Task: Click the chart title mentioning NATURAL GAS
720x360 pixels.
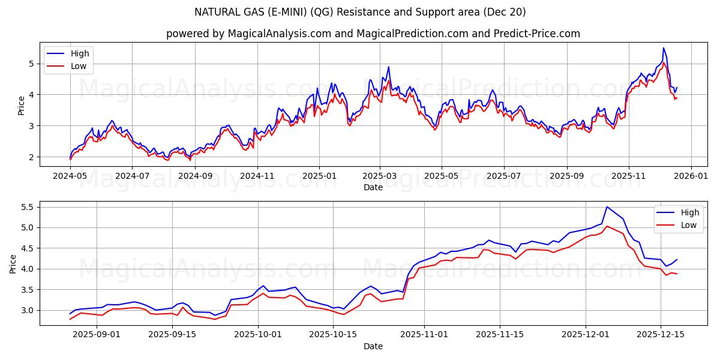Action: tap(360, 12)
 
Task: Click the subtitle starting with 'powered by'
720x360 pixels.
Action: tap(373, 34)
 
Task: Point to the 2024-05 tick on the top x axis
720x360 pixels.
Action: tap(70, 176)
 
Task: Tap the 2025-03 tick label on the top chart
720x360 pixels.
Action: tap(380, 176)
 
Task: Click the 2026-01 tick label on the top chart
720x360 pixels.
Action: tap(691, 176)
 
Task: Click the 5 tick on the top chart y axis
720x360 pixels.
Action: tap(31, 64)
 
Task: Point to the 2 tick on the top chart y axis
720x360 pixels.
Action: tap(31, 157)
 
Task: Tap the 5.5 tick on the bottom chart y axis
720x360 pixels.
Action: tap(26, 207)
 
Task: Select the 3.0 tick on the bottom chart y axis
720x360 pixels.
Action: tap(26, 310)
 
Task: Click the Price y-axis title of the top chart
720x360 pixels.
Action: tap(21, 105)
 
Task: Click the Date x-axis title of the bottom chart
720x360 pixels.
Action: tap(373, 346)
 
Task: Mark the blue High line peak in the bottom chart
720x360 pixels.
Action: tap(607, 207)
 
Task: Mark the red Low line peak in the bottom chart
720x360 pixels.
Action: tap(607, 226)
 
